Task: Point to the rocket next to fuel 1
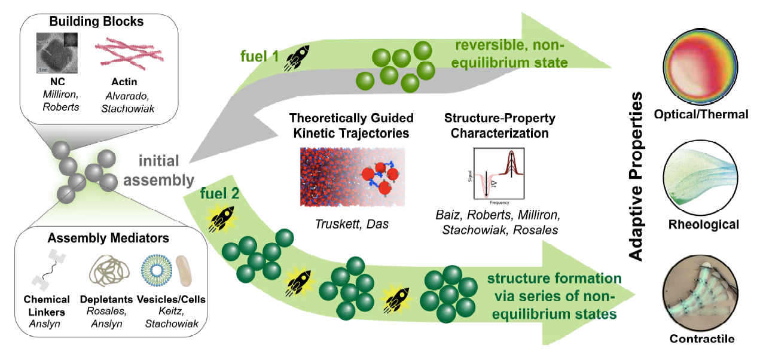pyautogui.click(x=297, y=59)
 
